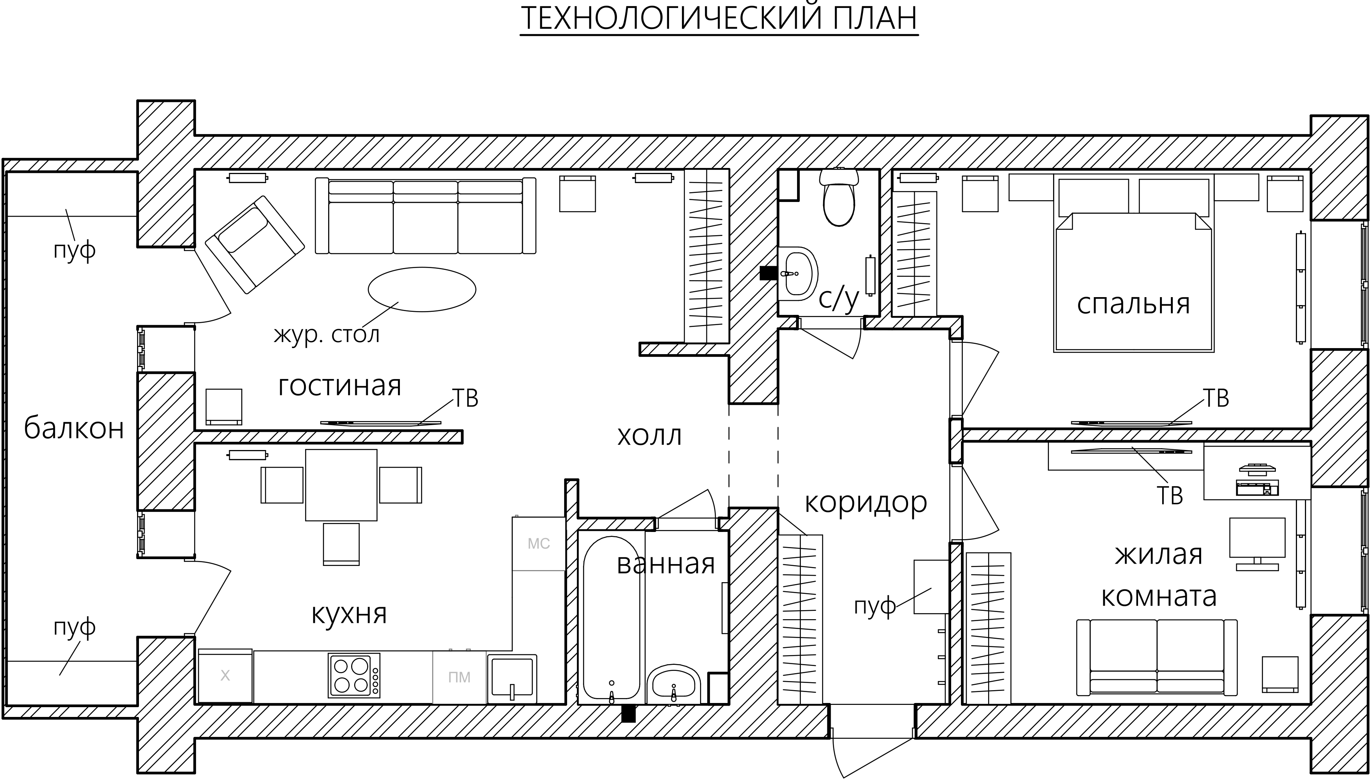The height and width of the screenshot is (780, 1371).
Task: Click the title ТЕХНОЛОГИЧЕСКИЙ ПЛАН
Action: [719, 18]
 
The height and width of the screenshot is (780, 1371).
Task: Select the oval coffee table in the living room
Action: [422, 289]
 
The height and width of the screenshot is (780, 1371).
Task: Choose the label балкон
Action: [74, 429]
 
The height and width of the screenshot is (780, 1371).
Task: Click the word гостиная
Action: [340, 386]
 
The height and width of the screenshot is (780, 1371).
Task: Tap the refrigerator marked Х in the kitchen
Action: [225, 676]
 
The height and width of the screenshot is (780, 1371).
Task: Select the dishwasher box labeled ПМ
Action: [459, 677]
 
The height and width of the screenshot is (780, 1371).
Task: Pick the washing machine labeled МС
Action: [538, 544]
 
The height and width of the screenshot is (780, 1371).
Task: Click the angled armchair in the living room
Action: [254, 244]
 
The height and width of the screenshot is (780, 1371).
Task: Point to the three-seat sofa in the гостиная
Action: [426, 216]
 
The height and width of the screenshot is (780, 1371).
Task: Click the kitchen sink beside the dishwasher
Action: [512, 678]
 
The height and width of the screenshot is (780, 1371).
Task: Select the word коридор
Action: [866, 503]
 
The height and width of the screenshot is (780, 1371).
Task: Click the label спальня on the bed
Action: [1133, 304]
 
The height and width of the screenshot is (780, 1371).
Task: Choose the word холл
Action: [649, 436]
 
